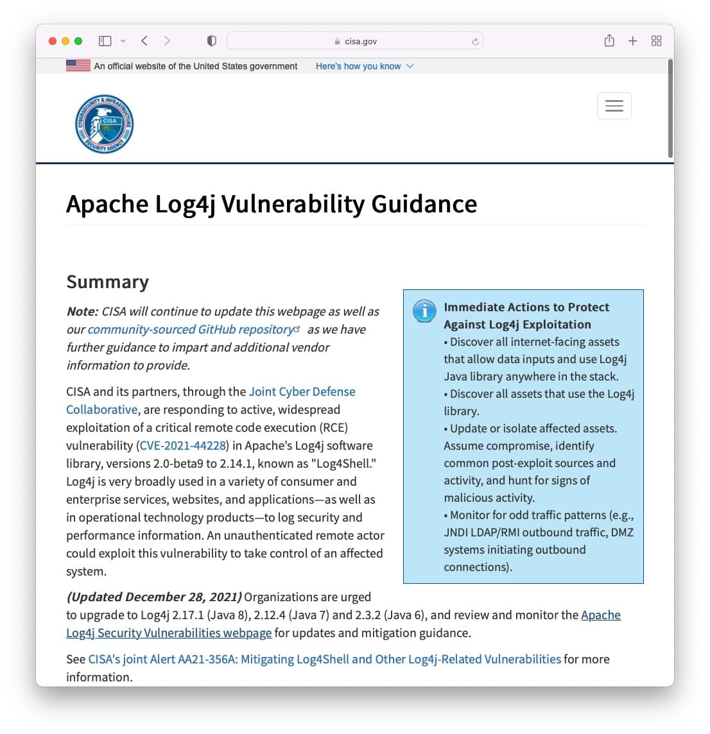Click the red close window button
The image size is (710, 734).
tap(53, 41)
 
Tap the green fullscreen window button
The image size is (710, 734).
tap(78, 41)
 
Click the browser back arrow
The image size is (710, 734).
tap(144, 41)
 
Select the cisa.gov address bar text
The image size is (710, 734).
tap(360, 41)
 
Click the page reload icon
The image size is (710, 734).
tap(475, 42)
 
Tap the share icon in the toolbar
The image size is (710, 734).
tap(609, 41)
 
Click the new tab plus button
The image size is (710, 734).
tap(632, 41)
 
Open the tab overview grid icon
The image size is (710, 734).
tap(656, 41)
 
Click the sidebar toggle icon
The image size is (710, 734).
tap(105, 41)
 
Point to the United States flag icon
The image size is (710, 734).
tap(78, 65)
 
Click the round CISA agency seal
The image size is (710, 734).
tap(104, 124)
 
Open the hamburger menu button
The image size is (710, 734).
tap(614, 106)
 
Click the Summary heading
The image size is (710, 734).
tap(107, 282)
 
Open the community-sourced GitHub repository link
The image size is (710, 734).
tap(191, 329)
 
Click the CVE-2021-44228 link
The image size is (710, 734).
tap(183, 445)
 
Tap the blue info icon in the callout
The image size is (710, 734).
tap(424, 311)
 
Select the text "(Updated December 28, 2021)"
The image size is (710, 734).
tap(154, 597)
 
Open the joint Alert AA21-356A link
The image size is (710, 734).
tap(324, 659)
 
